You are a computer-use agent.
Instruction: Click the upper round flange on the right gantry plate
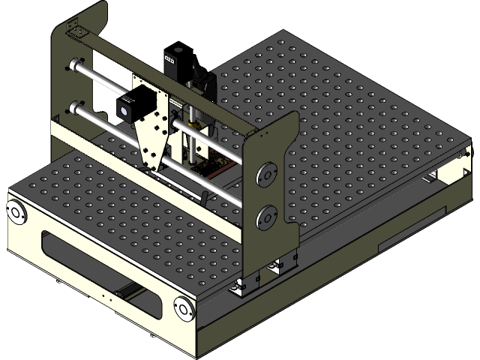(265, 177)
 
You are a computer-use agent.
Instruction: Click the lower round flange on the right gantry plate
(265, 217)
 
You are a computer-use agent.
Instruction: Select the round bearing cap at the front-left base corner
(16, 211)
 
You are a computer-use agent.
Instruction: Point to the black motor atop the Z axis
(175, 61)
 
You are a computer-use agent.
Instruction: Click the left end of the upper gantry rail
(75, 64)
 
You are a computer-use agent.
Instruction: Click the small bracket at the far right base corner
(457, 157)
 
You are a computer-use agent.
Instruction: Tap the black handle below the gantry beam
(204, 197)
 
